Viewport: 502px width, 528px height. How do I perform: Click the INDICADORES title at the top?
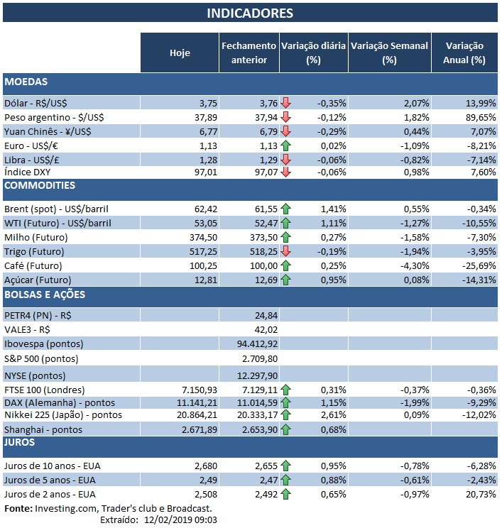(250, 13)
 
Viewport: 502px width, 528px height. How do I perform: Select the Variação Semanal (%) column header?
(389, 53)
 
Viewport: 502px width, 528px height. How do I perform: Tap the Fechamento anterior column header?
(248, 53)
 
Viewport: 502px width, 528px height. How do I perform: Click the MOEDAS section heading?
(26, 82)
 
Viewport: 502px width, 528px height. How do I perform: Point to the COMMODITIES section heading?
(40, 186)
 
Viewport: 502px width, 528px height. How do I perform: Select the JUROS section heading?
(21, 443)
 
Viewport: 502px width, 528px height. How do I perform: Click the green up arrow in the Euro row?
(286, 145)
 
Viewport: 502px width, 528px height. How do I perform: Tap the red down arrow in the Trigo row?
(286, 252)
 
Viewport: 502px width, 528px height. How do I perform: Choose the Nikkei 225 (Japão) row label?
(63, 415)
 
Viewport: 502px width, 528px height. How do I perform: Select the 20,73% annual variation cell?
(469, 494)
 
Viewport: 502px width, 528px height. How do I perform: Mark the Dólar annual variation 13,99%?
(469, 104)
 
